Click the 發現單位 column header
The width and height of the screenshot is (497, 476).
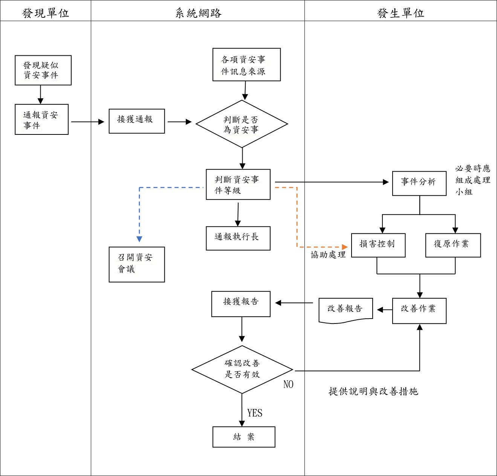click(x=46, y=13)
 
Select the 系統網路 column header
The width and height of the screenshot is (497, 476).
click(x=198, y=13)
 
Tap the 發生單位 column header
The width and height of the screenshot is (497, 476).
click(x=401, y=13)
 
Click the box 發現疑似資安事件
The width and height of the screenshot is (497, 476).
click(x=43, y=70)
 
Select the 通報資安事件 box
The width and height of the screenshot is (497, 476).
click(x=41, y=119)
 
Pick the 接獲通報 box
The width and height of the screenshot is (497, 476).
click(x=137, y=121)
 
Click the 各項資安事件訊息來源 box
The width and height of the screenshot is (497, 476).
click(x=246, y=65)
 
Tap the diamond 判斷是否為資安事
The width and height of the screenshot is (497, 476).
click(x=242, y=124)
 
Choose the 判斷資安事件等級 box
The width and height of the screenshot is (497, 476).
click(x=238, y=185)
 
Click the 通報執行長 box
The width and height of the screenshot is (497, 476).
click(x=238, y=238)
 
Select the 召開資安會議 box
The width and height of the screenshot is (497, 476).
click(x=137, y=264)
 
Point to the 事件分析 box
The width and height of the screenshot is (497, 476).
click(x=419, y=183)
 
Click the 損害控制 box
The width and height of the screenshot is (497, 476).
click(x=378, y=245)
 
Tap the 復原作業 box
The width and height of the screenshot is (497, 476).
click(x=453, y=245)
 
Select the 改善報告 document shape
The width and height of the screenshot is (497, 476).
click(x=346, y=310)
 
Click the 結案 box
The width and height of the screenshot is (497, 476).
click(x=244, y=437)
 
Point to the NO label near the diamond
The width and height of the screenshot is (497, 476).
click(x=288, y=384)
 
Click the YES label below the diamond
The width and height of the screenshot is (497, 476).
click(x=255, y=413)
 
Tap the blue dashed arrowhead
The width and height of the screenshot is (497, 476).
click(x=139, y=239)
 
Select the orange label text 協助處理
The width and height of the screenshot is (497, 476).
click(x=328, y=255)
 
